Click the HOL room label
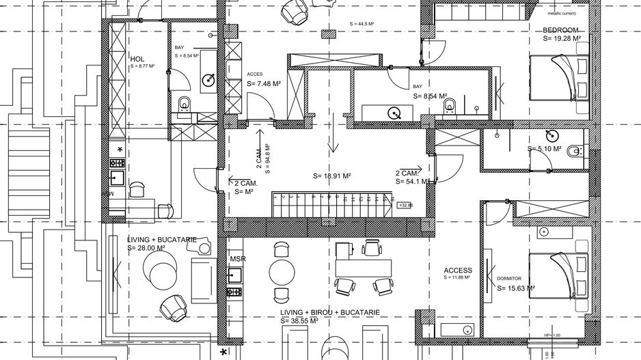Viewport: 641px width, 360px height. tap(137, 59)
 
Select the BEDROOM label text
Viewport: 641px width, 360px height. tap(561, 30)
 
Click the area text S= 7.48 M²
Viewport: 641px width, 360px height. tap(264, 83)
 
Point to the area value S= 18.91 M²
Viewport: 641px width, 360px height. tap(332, 176)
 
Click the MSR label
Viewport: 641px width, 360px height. tap(238, 259)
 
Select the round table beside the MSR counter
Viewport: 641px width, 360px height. tap(282, 272)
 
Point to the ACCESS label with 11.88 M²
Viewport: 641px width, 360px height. tap(458, 271)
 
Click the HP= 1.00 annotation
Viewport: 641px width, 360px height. tap(553, 335)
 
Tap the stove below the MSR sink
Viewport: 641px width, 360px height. tap(234, 292)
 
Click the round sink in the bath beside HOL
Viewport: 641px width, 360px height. tap(208, 81)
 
